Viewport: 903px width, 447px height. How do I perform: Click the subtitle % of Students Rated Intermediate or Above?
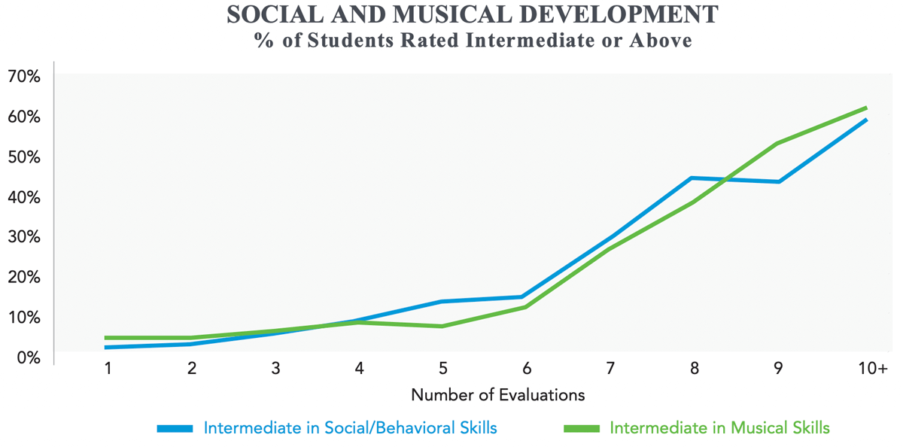tap(473, 40)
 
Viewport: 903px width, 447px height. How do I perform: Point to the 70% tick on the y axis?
tap(24, 77)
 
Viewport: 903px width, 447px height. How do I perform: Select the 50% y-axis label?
tap(24, 157)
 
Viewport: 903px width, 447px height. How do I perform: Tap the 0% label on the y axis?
tap(28, 357)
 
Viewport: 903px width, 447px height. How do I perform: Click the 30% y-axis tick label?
tap(24, 237)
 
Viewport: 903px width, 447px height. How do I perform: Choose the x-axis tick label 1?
tap(108, 368)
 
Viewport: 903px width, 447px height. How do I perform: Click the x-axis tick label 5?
tap(443, 368)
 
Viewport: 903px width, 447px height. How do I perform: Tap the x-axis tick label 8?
tap(695, 368)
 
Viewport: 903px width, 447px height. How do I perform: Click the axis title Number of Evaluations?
tap(497, 394)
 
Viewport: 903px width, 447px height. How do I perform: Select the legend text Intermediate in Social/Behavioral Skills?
tap(350, 428)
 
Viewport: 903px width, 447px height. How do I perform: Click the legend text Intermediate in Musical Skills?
tap(719, 428)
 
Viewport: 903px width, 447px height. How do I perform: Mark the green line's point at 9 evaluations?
tap(777, 143)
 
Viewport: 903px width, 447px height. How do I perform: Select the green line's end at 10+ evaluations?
tap(866, 108)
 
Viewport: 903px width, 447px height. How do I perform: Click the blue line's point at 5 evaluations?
tap(443, 301)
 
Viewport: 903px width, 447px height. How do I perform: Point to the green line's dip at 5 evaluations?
tap(443, 326)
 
